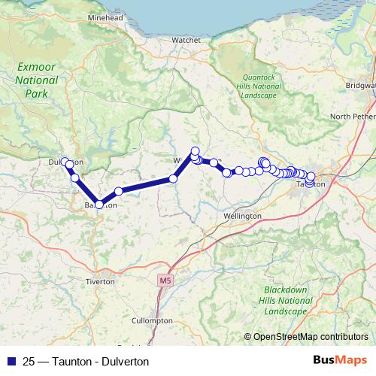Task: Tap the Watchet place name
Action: [186, 39]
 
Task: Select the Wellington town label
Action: [242, 216]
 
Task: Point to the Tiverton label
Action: [100, 281]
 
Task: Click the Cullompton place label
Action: [151, 320]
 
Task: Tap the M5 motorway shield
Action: [165, 280]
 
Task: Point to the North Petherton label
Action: [352, 117]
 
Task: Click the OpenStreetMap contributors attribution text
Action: [310, 337]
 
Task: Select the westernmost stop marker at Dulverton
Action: [65, 161]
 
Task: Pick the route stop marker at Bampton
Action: [99, 204]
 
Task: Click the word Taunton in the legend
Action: [73, 361]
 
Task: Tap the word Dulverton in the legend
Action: [125, 361]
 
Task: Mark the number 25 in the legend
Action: [29, 361]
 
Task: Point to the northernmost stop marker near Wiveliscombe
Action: [195, 150]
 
